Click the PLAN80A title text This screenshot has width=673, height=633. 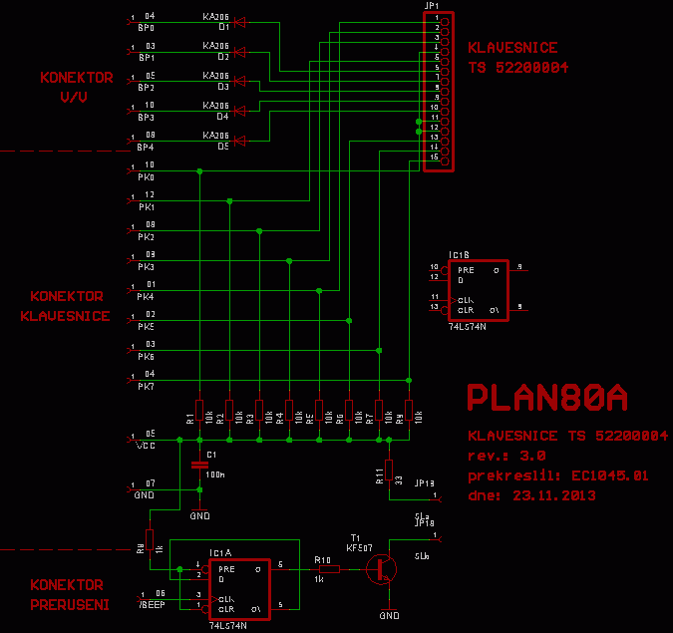click(547, 399)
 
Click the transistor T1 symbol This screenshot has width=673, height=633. click(380, 569)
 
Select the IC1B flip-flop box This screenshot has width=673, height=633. click(477, 290)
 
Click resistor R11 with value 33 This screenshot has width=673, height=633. click(390, 471)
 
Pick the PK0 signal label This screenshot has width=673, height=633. click(146, 176)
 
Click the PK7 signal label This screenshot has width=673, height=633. click(146, 386)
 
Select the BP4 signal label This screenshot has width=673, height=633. click(146, 147)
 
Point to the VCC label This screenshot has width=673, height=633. click(146, 446)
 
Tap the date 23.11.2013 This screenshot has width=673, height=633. click(553, 493)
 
